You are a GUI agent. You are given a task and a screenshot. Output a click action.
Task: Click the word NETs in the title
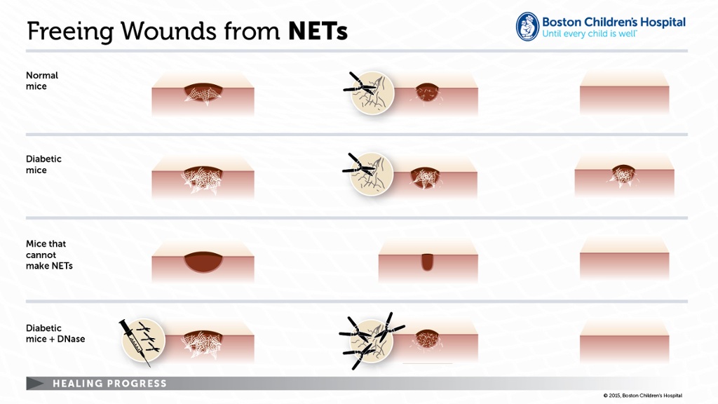[x=318, y=31]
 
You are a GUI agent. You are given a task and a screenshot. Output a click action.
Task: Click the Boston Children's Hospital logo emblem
[x=527, y=27]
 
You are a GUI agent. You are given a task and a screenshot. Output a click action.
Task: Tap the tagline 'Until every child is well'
[x=589, y=34]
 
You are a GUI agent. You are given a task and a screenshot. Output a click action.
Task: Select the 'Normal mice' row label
[x=42, y=81]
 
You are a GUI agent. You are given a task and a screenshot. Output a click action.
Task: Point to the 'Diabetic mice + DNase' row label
[x=55, y=333]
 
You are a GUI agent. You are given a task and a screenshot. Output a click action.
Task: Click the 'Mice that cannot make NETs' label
[x=49, y=255]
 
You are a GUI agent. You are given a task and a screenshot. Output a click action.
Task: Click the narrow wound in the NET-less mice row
[x=427, y=262]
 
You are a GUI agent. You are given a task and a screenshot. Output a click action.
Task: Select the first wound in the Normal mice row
[x=203, y=93]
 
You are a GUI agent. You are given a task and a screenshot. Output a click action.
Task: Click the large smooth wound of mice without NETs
[x=203, y=261]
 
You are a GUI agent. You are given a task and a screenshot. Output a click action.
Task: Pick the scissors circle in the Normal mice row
[x=372, y=93]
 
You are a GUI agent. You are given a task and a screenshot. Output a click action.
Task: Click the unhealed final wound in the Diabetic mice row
[x=623, y=174]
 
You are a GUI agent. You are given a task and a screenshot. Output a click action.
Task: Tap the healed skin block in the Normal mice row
[x=624, y=93]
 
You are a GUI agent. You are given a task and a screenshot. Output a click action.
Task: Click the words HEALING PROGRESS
[x=110, y=384]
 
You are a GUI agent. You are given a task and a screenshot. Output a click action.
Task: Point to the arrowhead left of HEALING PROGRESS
[x=35, y=384]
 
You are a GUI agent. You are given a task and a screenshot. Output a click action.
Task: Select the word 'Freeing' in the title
[x=70, y=32]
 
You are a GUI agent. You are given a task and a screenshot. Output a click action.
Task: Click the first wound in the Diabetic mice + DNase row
[x=203, y=342]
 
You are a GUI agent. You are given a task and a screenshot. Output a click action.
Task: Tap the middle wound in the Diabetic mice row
[x=425, y=177]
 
